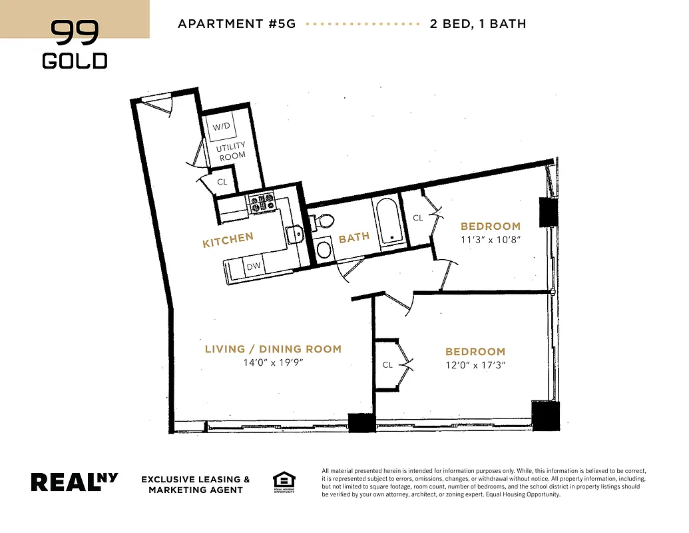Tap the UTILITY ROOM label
(x=232, y=151)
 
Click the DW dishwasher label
(x=254, y=266)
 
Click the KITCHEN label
(x=228, y=240)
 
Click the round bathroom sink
(x=324, y=250)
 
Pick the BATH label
(x=354, y=238)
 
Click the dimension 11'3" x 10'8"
(x=490, y=239)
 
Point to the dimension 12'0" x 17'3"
(x=475, y=365)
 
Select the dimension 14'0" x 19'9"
(x=273, y=363)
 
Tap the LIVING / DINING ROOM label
(x=273, y=349)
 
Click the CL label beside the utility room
(x=222, y=181)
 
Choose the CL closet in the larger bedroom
(x=387, y=364)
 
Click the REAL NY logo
(x=75, y=482)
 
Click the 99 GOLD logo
(x=75, y=45)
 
